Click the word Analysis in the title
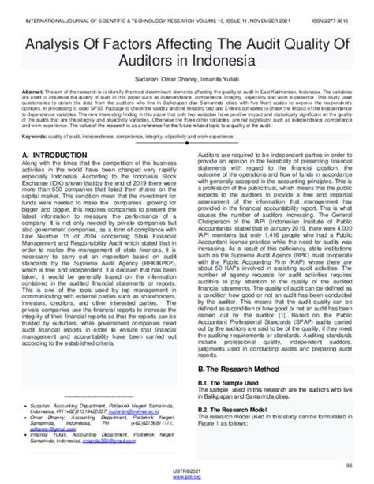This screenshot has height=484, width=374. [47, 44]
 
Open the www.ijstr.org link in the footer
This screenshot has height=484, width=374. [186, 478]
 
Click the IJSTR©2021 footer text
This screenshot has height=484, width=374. [186, 472]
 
